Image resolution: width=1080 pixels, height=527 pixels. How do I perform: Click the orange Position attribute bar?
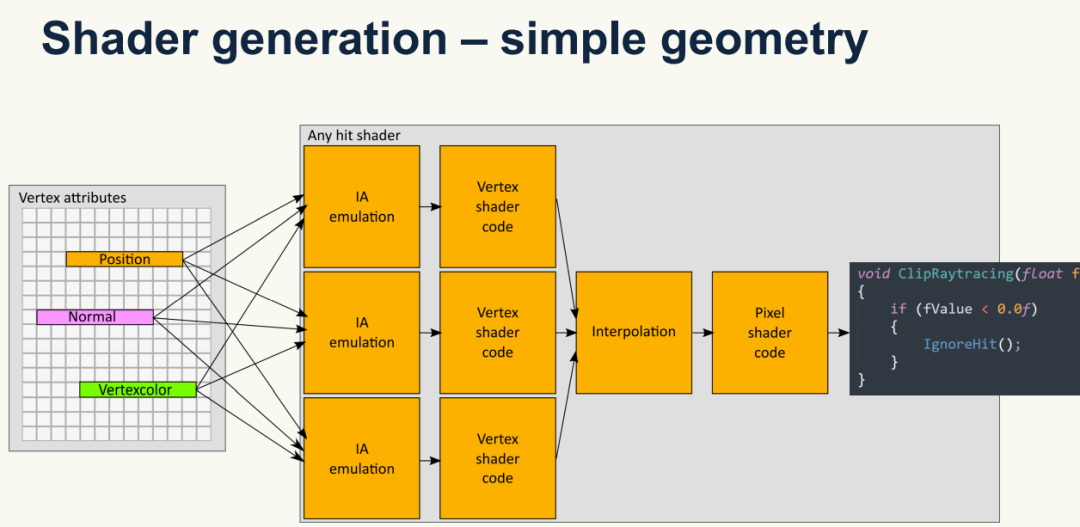(x=124, y=259)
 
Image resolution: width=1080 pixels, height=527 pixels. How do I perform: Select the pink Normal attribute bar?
(x=95, y=317)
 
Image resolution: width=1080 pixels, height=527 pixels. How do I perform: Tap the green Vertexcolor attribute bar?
(x=138, y=389)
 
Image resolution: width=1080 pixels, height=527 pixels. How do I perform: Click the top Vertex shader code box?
(x=497, y=206)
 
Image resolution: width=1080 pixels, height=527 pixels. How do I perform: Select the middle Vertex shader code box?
(x=497, y=332)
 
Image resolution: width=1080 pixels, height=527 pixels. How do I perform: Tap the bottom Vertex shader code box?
(x=497, y=458)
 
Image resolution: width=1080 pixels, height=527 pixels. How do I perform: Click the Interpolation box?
(x=633, y=332)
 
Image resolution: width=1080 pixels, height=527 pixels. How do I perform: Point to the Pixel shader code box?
(x=769, y=332)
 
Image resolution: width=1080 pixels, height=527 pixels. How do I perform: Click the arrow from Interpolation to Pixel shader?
(x=701, y=332)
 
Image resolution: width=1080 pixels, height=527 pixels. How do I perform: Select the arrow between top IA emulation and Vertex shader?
(x=429, y=207)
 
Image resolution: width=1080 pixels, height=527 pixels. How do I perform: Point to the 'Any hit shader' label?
(x=354, y=135)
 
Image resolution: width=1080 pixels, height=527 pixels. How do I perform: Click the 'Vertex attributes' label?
(x=72, y=198)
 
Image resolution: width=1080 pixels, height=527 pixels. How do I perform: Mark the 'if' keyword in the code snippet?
(x=898, y=309)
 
